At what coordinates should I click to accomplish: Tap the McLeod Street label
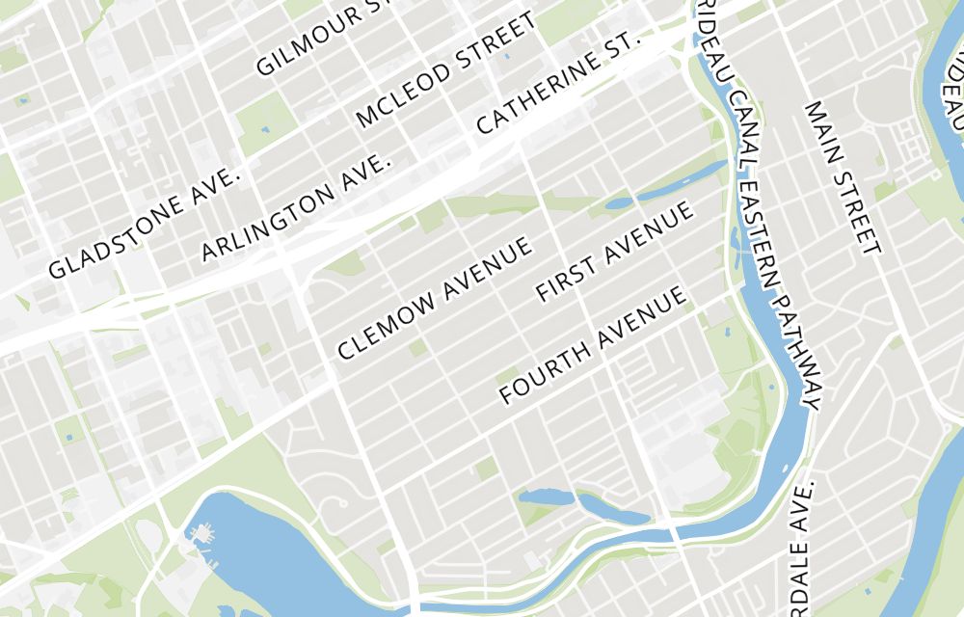point(444,70)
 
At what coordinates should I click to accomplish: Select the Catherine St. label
point(558,85)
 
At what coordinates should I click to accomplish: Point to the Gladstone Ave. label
point(144,223)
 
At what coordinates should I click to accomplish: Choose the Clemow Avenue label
point(435,299)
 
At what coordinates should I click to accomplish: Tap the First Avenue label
point(615,252)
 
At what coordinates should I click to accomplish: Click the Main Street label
point(843,177)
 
